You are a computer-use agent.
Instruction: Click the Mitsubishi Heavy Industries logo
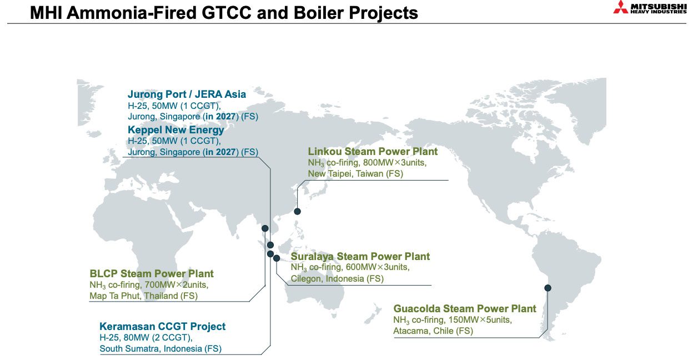(649, 8)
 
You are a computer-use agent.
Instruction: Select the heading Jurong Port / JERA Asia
(187, 94)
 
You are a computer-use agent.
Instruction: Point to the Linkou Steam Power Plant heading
(373, 151)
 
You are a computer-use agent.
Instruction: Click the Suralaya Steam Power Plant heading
(360, 256)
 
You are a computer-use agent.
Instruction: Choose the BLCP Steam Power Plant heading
(151, 273)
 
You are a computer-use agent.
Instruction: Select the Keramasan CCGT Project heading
(162, 326)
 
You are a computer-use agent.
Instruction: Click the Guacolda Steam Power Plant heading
(464, 308)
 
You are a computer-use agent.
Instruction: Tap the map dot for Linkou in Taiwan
(297, 211)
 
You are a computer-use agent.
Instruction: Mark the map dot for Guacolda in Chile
(548, 288)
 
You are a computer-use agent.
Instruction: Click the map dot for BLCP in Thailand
(265, 228)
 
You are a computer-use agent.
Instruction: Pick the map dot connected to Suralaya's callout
(277, 258)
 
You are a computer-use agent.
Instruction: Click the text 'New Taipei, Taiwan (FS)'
(355, 174)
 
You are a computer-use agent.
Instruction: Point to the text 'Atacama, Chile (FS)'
(433, 331)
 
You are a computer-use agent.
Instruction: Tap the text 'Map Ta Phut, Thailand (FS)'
(143, 296)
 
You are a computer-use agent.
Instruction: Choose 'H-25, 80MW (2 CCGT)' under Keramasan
(146, 338)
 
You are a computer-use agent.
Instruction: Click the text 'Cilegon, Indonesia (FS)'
(337, 278)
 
